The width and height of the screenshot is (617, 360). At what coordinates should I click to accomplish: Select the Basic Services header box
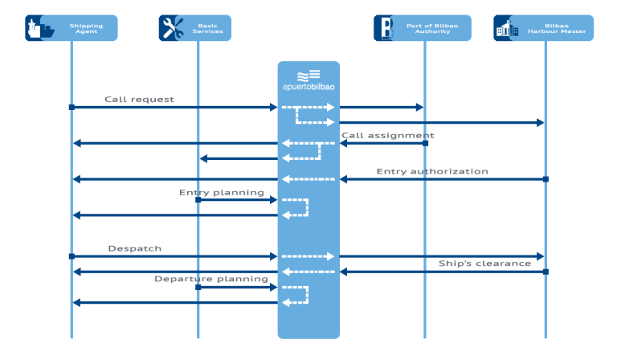[197, 28]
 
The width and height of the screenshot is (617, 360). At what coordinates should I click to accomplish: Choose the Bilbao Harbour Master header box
[544, 28]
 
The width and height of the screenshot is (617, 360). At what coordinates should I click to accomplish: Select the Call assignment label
[387, 135]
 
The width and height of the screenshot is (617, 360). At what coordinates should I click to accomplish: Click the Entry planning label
[221, 192]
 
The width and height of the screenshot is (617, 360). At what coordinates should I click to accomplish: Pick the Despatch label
[135, 248]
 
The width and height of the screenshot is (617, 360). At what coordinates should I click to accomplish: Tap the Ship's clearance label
[484, 263]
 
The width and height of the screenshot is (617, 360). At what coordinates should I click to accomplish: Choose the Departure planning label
[211, 279]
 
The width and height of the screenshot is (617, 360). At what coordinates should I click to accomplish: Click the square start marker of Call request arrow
[72, 107]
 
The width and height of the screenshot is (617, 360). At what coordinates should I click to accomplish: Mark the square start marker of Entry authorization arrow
[545, 178]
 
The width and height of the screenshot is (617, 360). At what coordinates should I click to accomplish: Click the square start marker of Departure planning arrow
[198, 287]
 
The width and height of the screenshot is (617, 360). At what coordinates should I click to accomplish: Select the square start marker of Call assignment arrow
[425, 143]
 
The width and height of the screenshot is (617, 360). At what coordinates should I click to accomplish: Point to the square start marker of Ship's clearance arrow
[545, 272]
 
